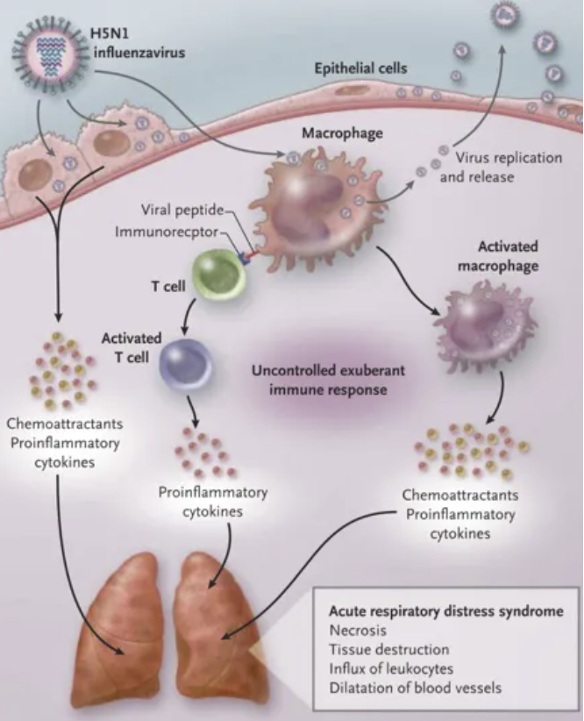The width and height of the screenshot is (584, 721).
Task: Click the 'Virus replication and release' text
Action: (495, 167)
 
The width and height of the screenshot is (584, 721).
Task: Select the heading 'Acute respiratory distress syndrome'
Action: (445, 610)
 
